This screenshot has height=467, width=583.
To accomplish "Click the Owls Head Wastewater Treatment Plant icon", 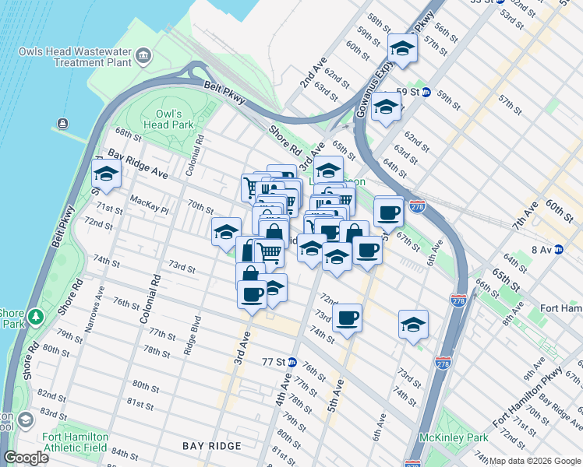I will pyautogui.click(x=143, y=55).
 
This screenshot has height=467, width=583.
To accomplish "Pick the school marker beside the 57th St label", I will pyautogui.click(x=402, y=50).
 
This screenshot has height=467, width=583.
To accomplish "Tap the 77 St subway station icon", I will pyautogui.click(x=292, y=362).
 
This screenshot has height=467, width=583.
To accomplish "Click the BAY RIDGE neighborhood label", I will pyautogui.click(x=212, y=446).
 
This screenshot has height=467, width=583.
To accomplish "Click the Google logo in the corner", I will pyautogui.click(x=26, y=458).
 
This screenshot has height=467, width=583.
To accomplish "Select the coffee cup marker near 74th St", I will pyautogui.click(x=348, y=318).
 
